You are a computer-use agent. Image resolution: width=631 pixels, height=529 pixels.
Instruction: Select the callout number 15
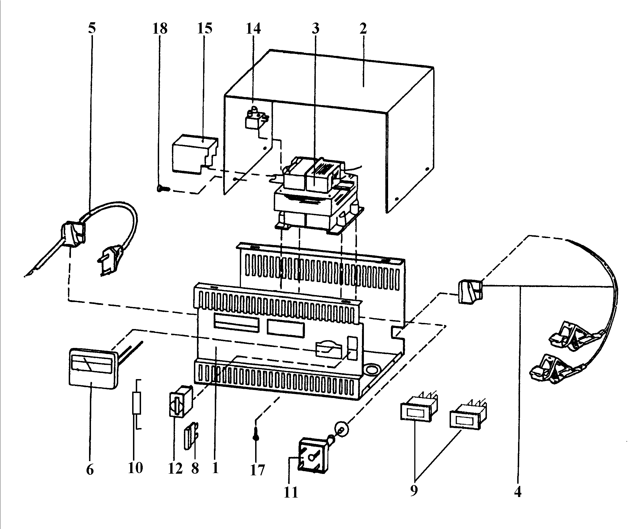[x=204, y=28]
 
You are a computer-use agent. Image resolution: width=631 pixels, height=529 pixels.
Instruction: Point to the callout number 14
[x=253, y=29]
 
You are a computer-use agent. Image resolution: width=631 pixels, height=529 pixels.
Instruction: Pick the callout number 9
[x=414, y=490]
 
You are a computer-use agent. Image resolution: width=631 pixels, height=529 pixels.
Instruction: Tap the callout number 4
[x=517, y=491]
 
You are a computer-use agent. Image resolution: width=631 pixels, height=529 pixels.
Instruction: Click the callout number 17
[x=258, y=470]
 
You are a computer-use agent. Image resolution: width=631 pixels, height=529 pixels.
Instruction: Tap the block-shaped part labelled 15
[x=194, y=154]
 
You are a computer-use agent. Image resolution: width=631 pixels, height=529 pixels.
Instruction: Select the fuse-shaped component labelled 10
[x=137, y=404]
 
